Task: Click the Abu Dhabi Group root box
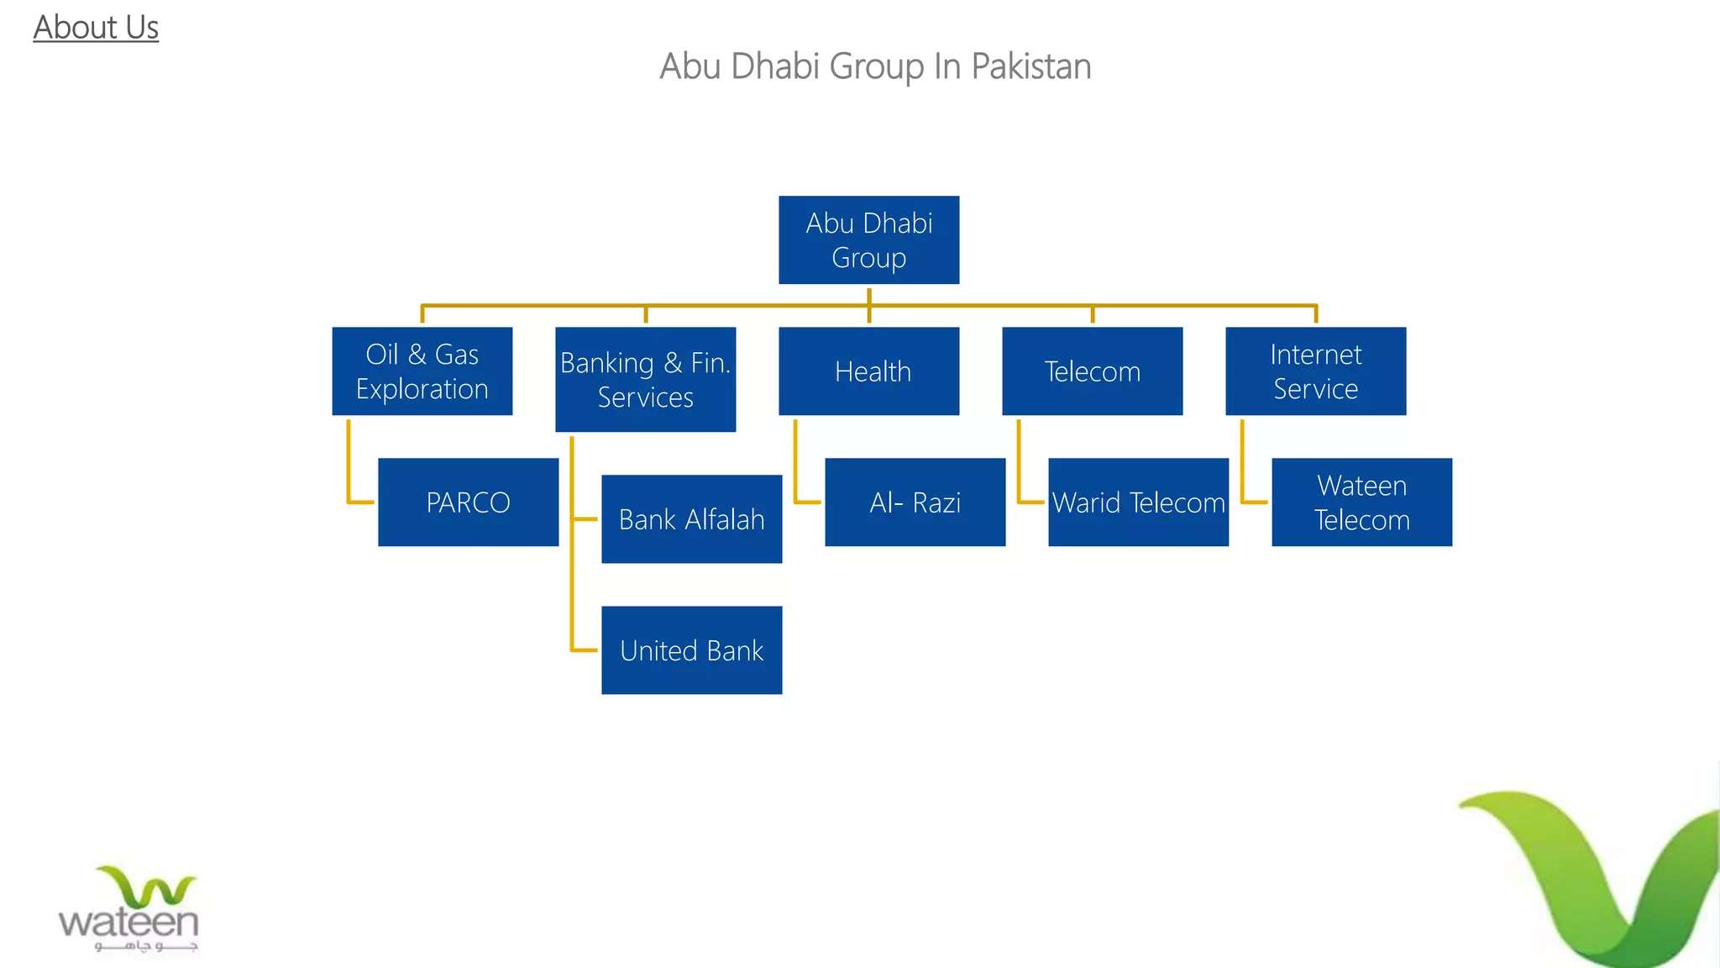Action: (x=868, y=239)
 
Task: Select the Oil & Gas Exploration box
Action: (x=422, y=371)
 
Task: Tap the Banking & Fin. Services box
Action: (x=645, y=379)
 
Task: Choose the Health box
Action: (x=868, y=371)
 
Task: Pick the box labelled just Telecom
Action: (x=1092, y=371)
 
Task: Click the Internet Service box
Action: (x=1315, y=371)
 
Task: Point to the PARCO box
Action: (x=468, y=502)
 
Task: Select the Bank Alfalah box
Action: (x=691, y=518)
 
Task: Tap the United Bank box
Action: (x=691, y=650)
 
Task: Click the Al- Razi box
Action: (x=915, y=502)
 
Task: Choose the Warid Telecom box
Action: (x=1138, y=502)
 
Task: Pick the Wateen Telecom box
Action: (x=1361, y=502)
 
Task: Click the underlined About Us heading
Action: (x=96, y=28)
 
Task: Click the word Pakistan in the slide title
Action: (x=1030, y=66)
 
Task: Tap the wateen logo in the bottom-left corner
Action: (x=128, y=912)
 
